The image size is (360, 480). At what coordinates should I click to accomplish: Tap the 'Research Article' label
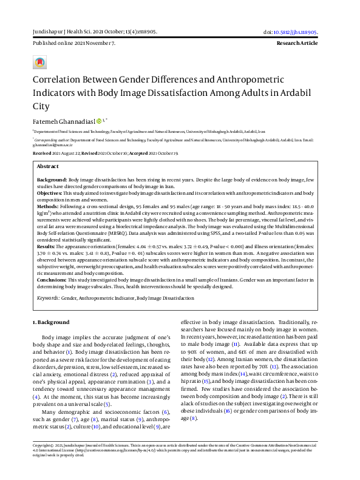(297, 44)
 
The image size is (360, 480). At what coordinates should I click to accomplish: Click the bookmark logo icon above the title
(40, 63)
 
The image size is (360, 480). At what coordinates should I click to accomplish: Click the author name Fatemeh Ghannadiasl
(63, 121)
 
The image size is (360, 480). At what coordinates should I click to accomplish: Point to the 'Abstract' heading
(48, 166)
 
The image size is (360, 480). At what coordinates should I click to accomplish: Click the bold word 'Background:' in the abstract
(52, 181)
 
